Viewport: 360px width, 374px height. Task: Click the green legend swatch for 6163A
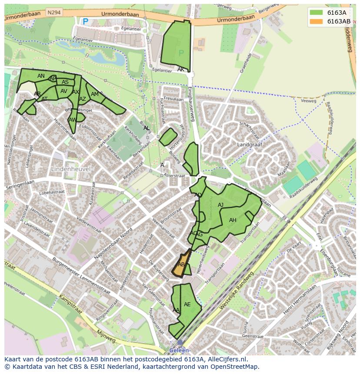click(x=316, y=13)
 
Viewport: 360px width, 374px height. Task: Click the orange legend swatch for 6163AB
click(x=316, y=21)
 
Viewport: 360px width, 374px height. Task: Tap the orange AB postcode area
click(x=181, y=265)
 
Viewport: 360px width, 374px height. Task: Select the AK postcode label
click(x=181, y=70)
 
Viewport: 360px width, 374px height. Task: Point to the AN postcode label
click(x=41, y=76)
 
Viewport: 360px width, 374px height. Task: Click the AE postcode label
click(x=187, y=304)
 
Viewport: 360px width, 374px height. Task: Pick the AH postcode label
click(x=233, y=220)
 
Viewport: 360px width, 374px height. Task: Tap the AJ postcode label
click(x=220, y=205)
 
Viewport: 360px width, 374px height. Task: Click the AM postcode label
click(x=95, y=94)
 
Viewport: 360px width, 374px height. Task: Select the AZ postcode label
click(x=83, y=99)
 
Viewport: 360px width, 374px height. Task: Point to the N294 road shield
click(x=54, y=13)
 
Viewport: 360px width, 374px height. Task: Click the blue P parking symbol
click(x=86, y=21)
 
